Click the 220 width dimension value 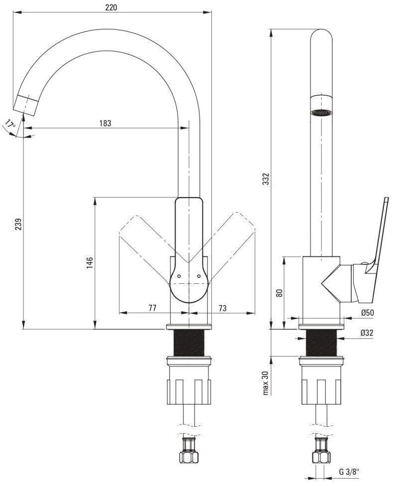point(111,7)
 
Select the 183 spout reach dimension point(105,123)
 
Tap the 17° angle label point(10,124)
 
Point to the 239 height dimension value point(18,224)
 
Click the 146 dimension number point(90,262)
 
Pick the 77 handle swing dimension point(152,308)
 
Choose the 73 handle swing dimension point(222,308)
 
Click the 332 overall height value point(266,179)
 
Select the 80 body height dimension point(280,293)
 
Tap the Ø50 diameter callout point(367,313)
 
